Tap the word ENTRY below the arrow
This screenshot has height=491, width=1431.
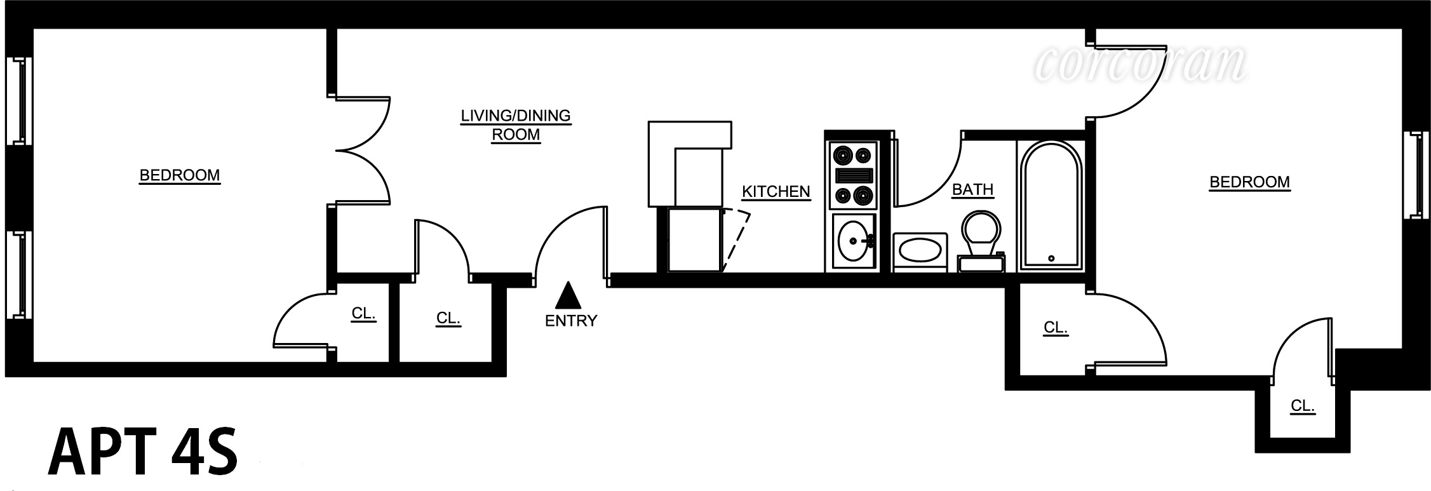click(571, 321)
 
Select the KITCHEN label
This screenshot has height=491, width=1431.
click(776, 192)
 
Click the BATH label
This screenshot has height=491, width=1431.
click(972, 190)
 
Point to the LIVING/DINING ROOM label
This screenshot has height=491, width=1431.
click(516, 125)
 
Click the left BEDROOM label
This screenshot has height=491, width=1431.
click(180, 175)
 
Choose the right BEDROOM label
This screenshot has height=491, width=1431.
click(1249, 182)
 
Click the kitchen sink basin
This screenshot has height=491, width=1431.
click(853, 241)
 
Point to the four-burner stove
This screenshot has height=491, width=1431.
click(852, 175)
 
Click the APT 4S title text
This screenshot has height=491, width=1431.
click(143, 452)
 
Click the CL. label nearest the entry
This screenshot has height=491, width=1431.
click(448, 318)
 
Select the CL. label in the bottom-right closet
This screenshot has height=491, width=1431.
click(1302, 406)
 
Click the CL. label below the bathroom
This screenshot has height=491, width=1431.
click(1055, 328)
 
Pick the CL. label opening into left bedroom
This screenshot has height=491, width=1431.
click(363, 314)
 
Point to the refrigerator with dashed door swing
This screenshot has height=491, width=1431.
click(695, 240)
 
